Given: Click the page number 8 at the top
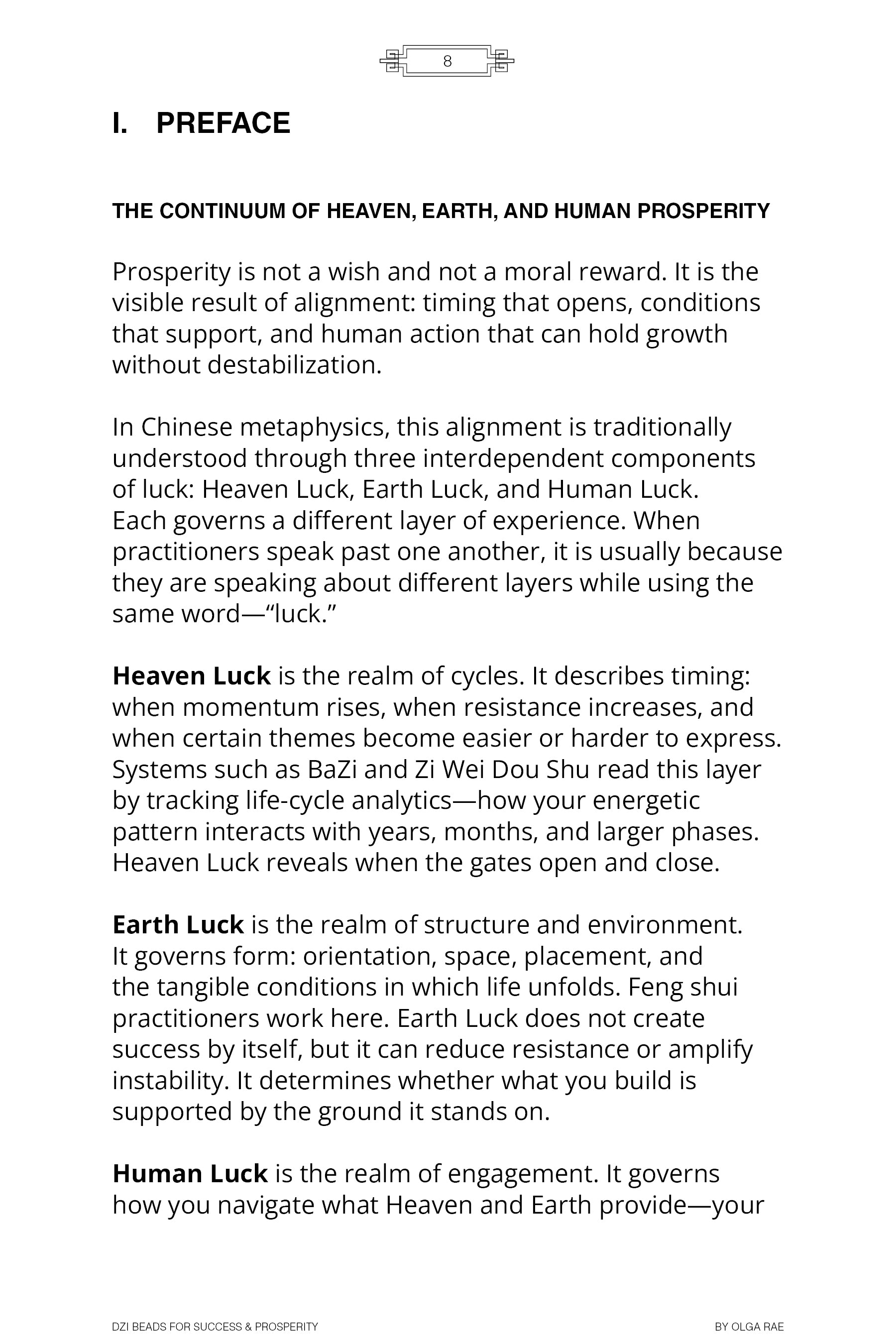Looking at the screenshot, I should tap(448, 61).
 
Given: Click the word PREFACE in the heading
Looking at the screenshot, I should tap(223, 123).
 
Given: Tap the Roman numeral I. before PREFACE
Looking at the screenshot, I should tap(120, 123).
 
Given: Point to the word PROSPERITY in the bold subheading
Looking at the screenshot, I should tap(703, 212).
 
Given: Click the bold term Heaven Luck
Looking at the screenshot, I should tap(192, 676).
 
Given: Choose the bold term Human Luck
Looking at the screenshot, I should tap(190, 1174).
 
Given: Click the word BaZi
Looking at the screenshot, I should tap(332, 770).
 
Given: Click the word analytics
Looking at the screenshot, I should tap(402, 800).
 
